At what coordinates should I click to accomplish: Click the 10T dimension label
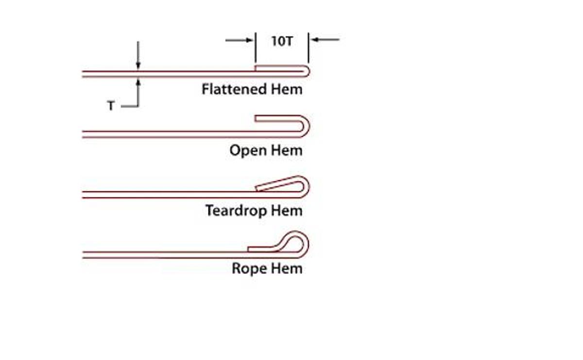282,41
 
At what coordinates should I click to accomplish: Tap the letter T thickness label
111,106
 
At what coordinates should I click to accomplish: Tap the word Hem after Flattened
287,89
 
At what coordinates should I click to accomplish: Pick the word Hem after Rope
287,268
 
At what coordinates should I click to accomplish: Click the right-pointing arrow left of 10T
240,40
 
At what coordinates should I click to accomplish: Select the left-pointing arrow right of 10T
325,39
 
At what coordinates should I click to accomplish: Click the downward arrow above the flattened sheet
138,56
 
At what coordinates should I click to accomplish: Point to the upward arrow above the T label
138,90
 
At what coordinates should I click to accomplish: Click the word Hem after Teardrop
287,211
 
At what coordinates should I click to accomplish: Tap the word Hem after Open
287,151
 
